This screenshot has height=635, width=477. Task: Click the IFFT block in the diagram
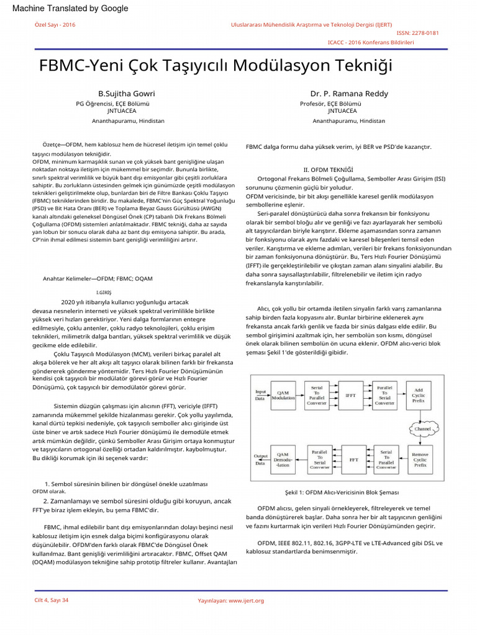(350, 394)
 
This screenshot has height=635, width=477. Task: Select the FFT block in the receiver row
(353, 460)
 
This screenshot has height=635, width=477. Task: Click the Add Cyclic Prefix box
(419, 394)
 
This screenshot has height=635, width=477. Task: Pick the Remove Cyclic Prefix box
(420, 460)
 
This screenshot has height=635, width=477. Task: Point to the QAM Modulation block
(283, 394)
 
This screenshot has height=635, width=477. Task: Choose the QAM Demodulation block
(283, 460)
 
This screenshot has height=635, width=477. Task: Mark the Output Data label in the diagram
(260, 460)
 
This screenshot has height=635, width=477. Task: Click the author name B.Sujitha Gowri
(122, 93)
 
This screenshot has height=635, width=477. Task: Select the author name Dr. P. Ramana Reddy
(349, 93)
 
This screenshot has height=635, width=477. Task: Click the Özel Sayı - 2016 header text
(54, 24)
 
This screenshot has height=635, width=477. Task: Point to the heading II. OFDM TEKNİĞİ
(328, 169)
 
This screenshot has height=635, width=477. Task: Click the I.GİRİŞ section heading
(104, 291)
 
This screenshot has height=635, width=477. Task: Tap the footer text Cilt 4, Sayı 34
(51, 600)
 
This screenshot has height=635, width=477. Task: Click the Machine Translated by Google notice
(70, 8)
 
